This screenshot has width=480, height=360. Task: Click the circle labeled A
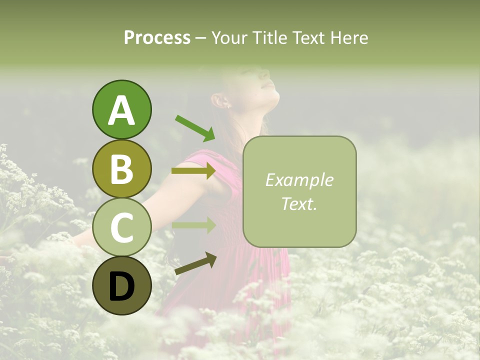coord(121,110)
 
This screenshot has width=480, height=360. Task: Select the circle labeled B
coord(121,168)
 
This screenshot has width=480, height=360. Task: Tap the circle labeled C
coord(121,227)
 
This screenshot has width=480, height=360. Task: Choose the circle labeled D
coord(121,285)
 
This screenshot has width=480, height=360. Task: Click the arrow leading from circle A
coord(194,127)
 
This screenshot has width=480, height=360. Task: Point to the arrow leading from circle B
coord(193,171)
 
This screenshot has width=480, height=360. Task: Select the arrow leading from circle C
coord(193,225)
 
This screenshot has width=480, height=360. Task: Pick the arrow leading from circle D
coord(195,263)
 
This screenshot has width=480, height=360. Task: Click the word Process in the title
coord(157,37)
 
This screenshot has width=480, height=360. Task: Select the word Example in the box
coord(299,180)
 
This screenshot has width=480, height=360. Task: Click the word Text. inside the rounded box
coord(299,203)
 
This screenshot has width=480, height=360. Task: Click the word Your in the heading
coord(229,37)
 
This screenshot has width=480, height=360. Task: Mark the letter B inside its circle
coord(121,168)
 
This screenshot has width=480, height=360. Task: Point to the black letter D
coord(121,286)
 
